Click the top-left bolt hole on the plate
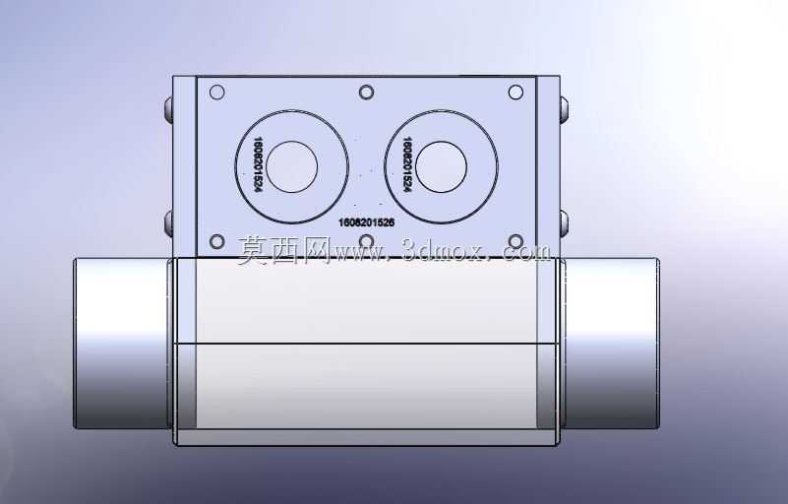pyautogui.click(x=216, y=93)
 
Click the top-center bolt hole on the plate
pyautogui.click(x=366, y=93)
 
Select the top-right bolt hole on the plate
pyautogui.click(x=515, y=93)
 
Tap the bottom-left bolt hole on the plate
pyautogui.click(x=216, y=242)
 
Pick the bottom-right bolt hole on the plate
pyautogui.click(x=515, y=242)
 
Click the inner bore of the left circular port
pyautogui.click(x=292, y=167)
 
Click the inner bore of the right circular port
pyautogui.click(x=442, y=167)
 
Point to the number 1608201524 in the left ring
pyautogui.click(x=259, y=164)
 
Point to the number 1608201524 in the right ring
pyautogui.click(x=407, y=164)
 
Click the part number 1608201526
pyautogui.click(x=366, y=222)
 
